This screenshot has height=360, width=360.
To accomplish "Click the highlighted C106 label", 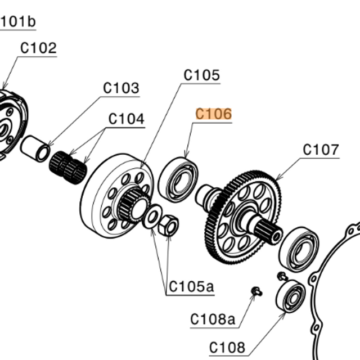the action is (214, 114).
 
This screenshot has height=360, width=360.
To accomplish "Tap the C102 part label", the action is (38, 48).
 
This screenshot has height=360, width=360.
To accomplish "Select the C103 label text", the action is (121, 88).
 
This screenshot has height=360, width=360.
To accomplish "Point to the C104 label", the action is (126, 119).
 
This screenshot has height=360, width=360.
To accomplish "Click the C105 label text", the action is (202, 75).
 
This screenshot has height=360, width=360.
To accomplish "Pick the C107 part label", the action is (321, 150).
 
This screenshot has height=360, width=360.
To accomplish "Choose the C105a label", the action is (191, 286).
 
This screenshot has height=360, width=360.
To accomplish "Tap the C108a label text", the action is (213, 319).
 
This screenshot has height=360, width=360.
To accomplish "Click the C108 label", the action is (227, 348).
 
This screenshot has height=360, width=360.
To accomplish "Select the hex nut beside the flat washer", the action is (169, 225).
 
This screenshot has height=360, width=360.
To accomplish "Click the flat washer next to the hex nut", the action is (151, 217).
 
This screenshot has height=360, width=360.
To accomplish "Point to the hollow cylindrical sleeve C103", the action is (35, 148).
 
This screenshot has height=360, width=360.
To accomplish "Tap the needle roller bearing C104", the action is (68, 168).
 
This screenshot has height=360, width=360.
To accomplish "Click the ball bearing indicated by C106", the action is (178, 179).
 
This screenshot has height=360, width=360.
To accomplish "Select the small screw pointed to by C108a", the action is (257, 291).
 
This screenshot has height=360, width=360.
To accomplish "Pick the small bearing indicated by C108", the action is (291, 296).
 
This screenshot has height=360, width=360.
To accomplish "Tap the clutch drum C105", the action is (116, 196).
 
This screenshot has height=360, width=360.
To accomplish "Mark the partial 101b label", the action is (18, 22).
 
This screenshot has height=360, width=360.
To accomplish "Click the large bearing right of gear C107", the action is (299, 249).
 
